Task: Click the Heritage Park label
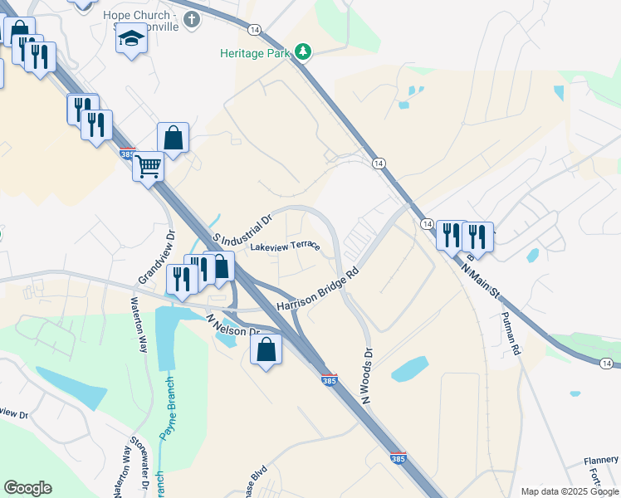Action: pos(257,53)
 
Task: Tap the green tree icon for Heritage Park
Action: pos(304,52)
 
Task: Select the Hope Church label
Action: pos(141,16)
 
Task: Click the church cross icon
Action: pos(193,18)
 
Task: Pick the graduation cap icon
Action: pos(131,40)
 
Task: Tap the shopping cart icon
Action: pos(149,168)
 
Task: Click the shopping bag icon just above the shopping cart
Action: pos(173,139)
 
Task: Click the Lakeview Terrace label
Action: pos(285,247)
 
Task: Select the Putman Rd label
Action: pos(510,334)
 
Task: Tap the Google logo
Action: pos(27,488)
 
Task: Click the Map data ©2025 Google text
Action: pos(570,491)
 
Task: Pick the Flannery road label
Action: pos(600,461)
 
